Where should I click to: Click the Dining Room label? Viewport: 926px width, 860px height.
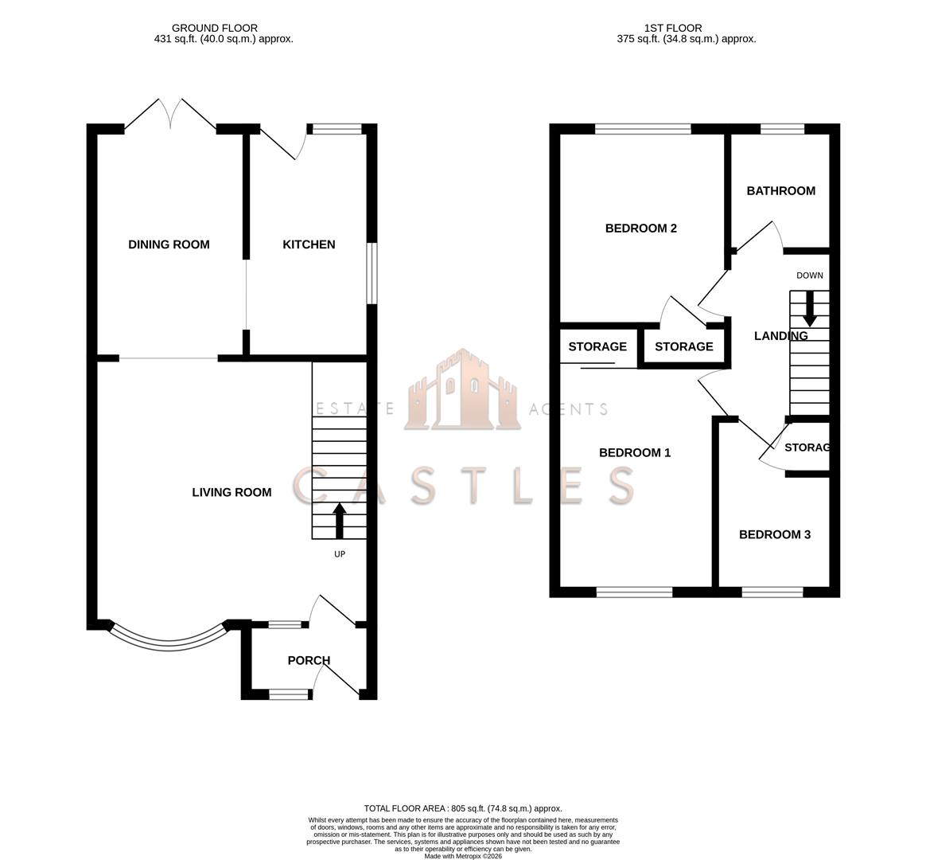point(169,244)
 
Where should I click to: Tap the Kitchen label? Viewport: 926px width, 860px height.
point(309,244)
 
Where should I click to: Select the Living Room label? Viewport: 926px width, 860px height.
point(231,492)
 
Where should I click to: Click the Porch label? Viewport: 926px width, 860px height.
point(309,660)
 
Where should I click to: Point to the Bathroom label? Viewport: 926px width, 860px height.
point(780,191)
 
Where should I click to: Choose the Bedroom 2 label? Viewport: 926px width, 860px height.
point(640,229)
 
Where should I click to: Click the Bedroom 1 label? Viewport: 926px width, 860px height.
point(635,453)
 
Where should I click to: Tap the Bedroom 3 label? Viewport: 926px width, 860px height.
point(775,535)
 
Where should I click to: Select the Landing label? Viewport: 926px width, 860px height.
point(780,336)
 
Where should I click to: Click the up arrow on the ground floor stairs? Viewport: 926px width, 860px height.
point(339,521)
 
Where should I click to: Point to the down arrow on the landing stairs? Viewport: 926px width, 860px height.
point(810,308)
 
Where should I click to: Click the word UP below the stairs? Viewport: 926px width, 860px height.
point(340,554)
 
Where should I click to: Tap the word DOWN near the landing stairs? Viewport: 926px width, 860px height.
point(810,276)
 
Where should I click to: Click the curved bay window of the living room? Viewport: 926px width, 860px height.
point(169,647)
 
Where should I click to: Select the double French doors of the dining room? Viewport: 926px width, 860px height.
point(170,114)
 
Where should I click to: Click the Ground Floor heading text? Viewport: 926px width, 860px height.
point(214,28)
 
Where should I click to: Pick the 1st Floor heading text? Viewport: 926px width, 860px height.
point(673,28)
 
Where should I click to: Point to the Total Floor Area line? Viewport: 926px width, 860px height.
point(463,808)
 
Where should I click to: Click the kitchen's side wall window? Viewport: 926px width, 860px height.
point(372,274)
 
